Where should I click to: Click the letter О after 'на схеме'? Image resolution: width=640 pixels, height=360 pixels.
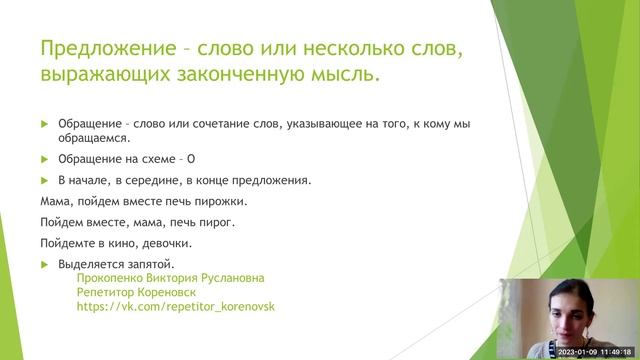190,159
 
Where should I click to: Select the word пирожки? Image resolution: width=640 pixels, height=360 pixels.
220,201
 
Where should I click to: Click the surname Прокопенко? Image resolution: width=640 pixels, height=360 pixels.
109,279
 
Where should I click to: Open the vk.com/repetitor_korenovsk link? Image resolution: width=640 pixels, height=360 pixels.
175,308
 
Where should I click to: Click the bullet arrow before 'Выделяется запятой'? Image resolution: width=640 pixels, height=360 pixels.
44,264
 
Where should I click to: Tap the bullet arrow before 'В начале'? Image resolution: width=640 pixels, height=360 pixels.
44,180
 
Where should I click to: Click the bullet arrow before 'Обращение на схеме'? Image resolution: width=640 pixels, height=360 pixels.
44,159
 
